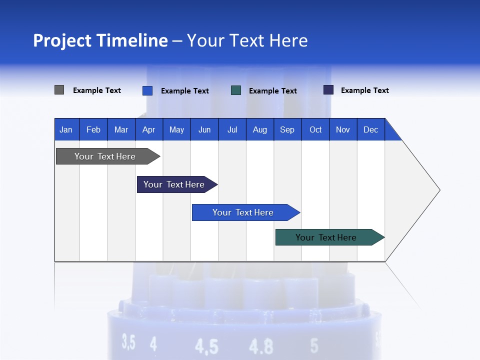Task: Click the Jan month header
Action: pyautogui.click(x=66, y=129)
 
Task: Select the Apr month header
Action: pyautogui.click(x=148, y=129)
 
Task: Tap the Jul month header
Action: pyautogui.click(x=232, y=129)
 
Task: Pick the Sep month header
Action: pyautogui.click(x=287, y=129)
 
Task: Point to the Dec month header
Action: pyautogui.click(x=370, y=129)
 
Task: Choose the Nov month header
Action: pyautogui.click(x=342, y=129)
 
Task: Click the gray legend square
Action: pyautogui.click(x=59, y=90)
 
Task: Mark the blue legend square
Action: pyautogui.click(x=147, y=90)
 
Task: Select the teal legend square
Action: pyautogui.click(x=236, y=90)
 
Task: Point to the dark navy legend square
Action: pyautogui.click(x=328, y=90)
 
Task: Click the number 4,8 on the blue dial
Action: pyautogui.click(x=261, y=346)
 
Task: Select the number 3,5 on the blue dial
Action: pyautogui.click(x=128, y=342)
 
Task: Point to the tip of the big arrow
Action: pyautogui.click(x=439, y=190)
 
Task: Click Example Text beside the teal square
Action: pyautogui.click(x=272, y=91)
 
